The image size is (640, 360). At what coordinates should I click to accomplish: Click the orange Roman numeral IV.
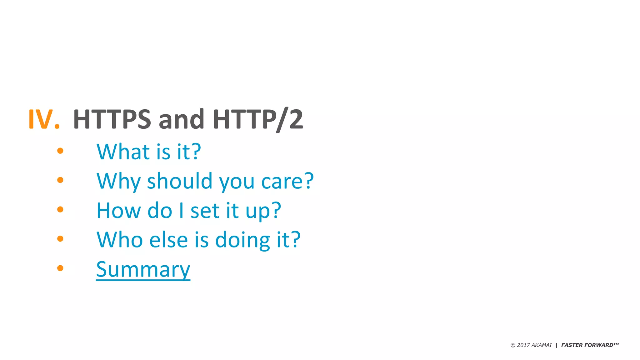(44, 119)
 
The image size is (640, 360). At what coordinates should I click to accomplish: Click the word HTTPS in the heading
(112, 119)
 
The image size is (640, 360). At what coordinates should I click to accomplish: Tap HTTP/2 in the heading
(258, 119)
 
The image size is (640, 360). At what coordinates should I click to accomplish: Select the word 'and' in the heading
(182, 119)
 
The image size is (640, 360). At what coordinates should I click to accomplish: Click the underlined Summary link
(143, 269)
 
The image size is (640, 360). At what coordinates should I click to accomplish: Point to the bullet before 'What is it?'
(60, 151)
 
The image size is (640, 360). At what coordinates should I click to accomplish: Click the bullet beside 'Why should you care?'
(60, 180)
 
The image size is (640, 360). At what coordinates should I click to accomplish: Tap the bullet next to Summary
(60, 268)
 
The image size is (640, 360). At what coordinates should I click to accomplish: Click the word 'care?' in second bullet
(287, 181)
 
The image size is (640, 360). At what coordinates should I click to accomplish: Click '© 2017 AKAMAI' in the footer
(531, 345)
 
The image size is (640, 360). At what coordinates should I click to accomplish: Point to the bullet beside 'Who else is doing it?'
(60, 239)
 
